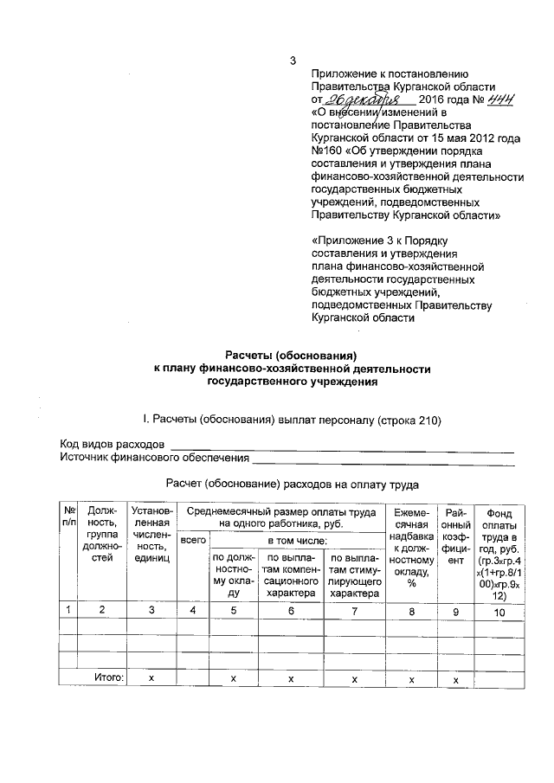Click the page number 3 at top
pos(292,60)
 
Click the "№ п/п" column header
pos(68,518)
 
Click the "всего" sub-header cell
pos(193,541)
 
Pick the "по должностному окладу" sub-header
pos(233,575)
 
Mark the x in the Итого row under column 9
pos(455,678)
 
